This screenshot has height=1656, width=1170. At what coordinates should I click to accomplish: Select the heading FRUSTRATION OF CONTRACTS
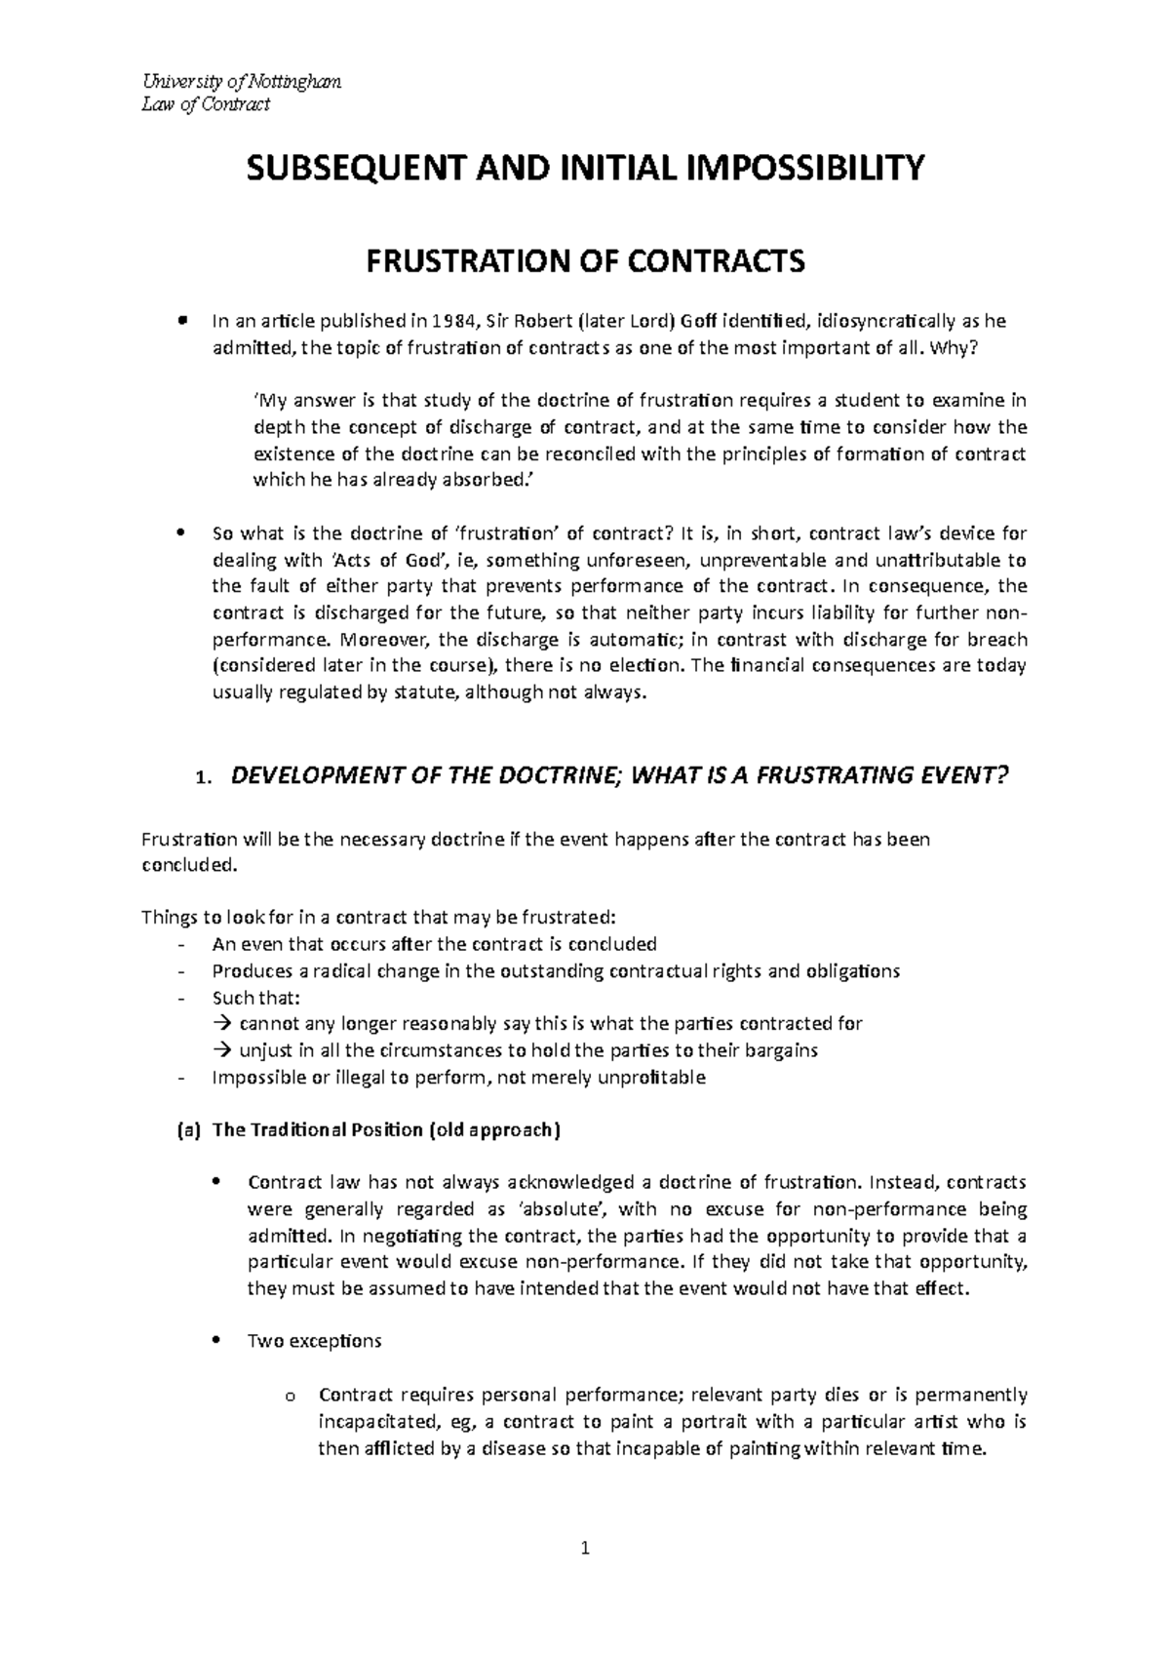[585, 261]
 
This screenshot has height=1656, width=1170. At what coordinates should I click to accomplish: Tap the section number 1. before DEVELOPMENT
[202, 778]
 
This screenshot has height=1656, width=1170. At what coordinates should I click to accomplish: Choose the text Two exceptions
[315, 1341]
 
